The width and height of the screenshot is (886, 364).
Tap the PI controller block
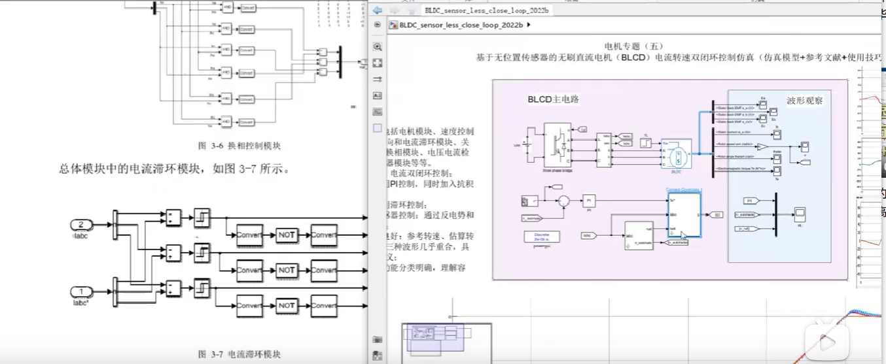point(589,201)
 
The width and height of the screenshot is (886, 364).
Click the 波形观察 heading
point(804,101)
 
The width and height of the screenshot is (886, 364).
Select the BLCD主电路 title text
point(554,99)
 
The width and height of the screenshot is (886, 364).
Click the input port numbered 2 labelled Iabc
point(81,225)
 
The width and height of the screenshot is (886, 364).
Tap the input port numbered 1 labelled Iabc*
point(81,291)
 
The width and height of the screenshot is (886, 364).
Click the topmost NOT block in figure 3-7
point(287,234)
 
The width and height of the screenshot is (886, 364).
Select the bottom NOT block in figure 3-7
point(287,305)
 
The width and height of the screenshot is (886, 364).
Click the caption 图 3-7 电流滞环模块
point(239,354)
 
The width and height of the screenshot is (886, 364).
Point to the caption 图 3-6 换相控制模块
point(239,144)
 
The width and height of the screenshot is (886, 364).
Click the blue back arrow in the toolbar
point(378,10)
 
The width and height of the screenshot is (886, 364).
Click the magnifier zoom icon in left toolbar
point(378,47)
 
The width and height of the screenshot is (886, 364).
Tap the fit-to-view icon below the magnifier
point(378,63)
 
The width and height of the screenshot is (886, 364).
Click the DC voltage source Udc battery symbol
point(526,143)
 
